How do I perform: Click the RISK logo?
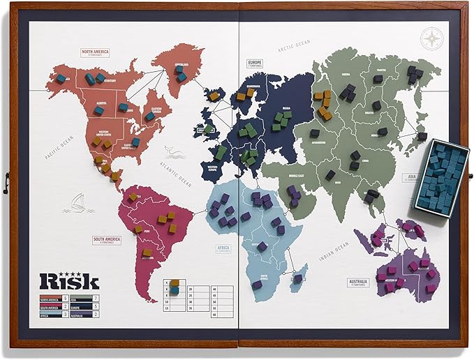[68, 280]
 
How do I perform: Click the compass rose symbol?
[433, 38]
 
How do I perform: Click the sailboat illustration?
[76, 203]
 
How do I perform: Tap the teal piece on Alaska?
[61, 78]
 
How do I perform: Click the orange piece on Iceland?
[214, 96]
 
